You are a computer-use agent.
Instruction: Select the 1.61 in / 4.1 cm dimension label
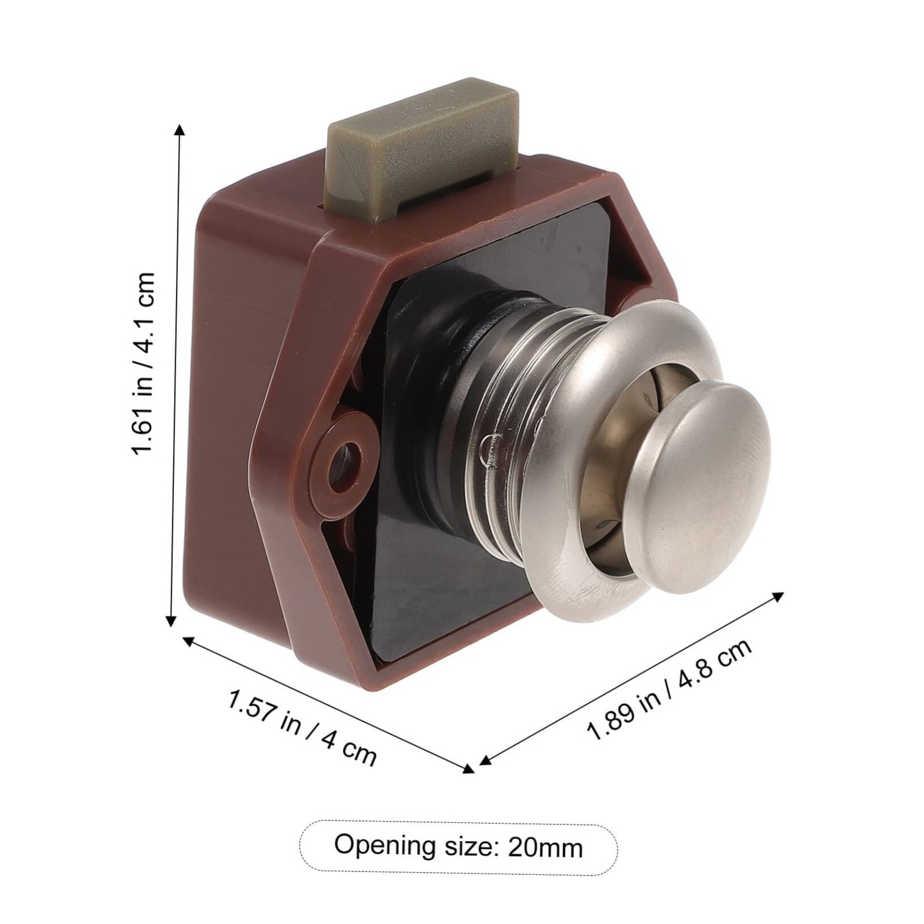point(144,363)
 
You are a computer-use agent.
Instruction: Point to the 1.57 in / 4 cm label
point(301,728)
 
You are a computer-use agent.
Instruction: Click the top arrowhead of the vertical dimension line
point(180,131)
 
